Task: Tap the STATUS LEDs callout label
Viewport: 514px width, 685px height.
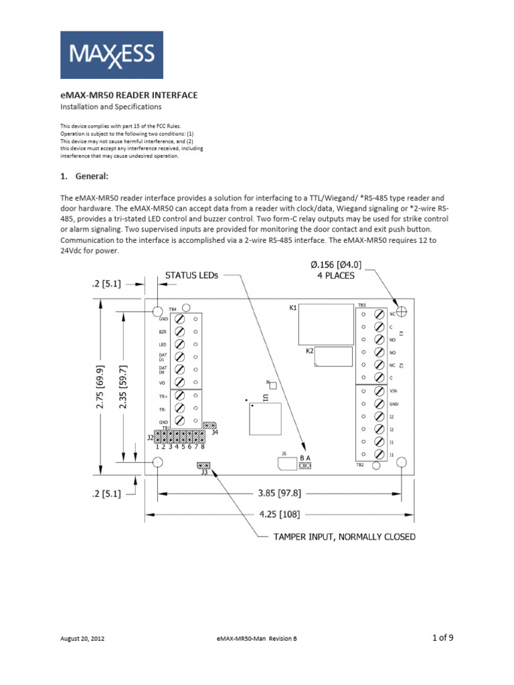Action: pyautogui.click(x=191, y=274)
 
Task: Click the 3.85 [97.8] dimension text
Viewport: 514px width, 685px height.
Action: pyautogui.click(x=279, y=493)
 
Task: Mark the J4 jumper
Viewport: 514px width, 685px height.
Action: pyautogui.click(x=210, y=425)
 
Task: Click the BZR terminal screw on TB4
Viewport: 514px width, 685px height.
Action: pyautogui.click(x=179, y=332)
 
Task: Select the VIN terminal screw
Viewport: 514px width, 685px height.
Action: pyautogui.click(x=378, y=392)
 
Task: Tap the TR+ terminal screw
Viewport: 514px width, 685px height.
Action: pyautogui.click(x=179, y=396)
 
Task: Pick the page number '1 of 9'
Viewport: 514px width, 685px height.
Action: pyautogui.click(x=443, y=637)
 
